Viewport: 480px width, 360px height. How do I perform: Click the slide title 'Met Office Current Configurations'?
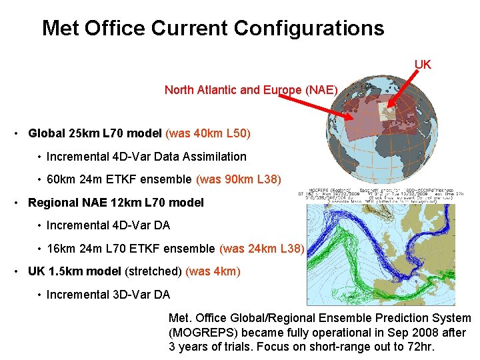tap(213, 28)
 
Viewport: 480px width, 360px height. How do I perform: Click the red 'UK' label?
tap(423, 65)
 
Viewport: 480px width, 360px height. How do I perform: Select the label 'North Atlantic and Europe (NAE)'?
tap(251, 89)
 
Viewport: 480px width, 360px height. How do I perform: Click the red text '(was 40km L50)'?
tap(208, 133)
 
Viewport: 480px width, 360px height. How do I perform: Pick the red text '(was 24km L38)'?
tap(261, 249)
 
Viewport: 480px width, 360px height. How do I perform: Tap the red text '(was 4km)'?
tap(213, 271)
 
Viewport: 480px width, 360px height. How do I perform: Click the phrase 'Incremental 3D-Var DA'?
tap(108, 294)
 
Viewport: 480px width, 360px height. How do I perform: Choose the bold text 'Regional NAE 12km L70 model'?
tap(116, 203)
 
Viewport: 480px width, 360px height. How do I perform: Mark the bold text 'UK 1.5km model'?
tap(74, 271)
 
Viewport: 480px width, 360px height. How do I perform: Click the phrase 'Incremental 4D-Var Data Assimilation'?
tap(146, 157)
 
